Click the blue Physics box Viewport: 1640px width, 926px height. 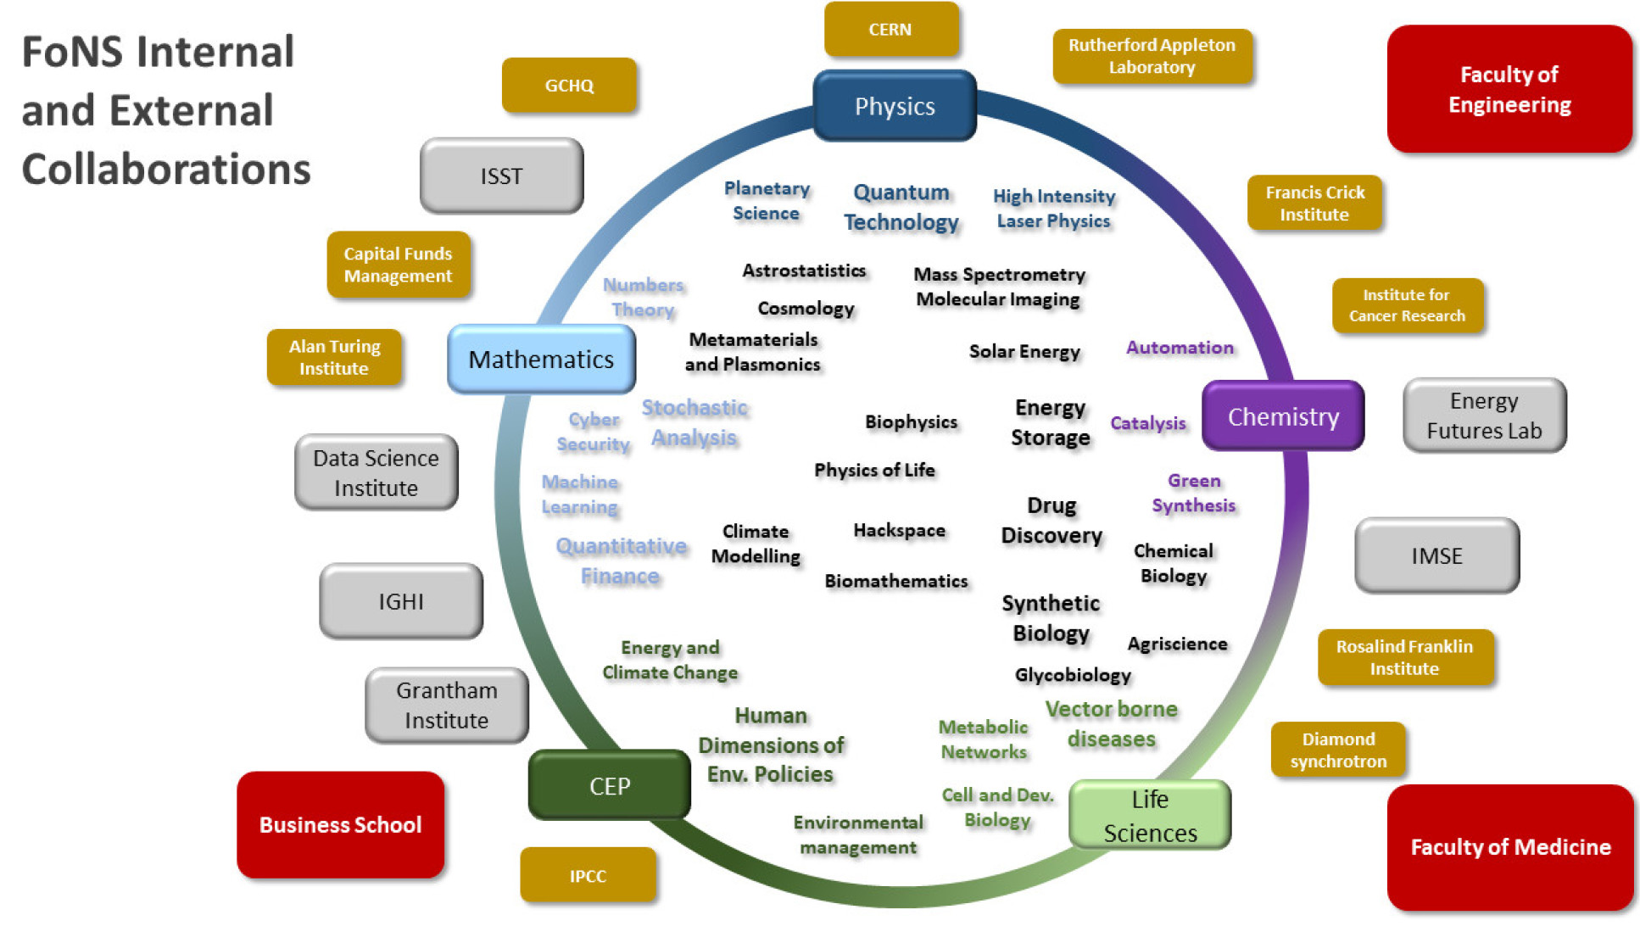pos(895,106)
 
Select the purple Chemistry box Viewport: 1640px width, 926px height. pos(1283,416)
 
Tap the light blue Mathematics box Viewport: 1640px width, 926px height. pos(541,360)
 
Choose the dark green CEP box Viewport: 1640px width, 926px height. pos(609,785)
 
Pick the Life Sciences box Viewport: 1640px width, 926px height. pos(1150,816)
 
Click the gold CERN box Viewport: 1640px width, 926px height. pos(890,30)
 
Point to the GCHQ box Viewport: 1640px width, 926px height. pos(569,86)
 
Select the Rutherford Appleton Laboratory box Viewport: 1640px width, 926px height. pos(1152,56)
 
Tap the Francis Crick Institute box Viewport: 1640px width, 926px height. pos(1314,204)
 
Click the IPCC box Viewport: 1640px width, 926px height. pos(588,876)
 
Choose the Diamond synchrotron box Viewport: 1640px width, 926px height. pos(1338,750)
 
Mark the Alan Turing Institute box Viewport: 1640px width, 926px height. pos(334,357)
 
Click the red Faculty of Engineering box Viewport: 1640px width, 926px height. pos(1509,89)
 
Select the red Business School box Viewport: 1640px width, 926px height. pos(340,824)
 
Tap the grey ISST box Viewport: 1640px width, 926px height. pos(501,176)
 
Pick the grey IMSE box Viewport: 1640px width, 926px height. pos(1436,555)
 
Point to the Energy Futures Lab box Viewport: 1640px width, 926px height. pos(1484,416)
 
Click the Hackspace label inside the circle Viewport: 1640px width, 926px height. pos(899,531)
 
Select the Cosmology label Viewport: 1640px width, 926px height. pos(806,309)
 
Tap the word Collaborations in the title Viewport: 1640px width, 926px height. pos(166,169)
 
